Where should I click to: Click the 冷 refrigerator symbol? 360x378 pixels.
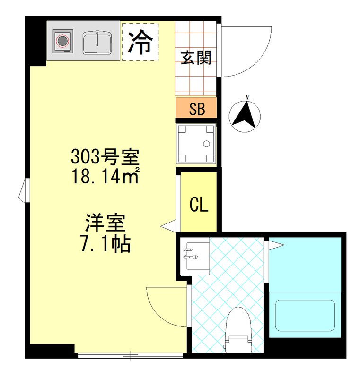coord(140,42)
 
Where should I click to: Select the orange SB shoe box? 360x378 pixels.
coord(196,109)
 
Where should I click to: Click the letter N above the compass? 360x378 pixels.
coord(246,98)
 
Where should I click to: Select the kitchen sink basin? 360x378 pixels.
coord(97,43)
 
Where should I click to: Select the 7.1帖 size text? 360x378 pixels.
coord(105,243)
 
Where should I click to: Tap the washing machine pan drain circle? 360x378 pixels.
coord(206,144)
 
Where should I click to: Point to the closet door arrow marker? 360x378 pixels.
coord(167,227)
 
